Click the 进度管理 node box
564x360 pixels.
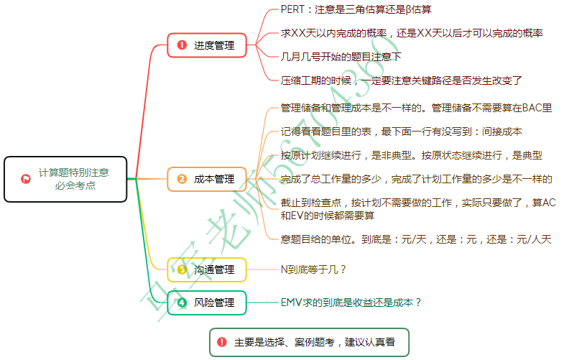pos(207,45)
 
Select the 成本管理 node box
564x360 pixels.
pos(207,179)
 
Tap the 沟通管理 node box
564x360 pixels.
pos(207,269)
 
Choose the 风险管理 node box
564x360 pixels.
pos(207,303)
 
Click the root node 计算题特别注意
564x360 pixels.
pos(66,178)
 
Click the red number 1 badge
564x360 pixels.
pos(182,45)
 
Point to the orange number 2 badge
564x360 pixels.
pos(182,179)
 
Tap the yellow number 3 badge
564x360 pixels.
pos(182,269)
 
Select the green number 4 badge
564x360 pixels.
pos(182,303)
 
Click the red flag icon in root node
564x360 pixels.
pos(26,179)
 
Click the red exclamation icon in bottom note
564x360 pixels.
pos(221,342)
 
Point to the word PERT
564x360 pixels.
pos(293,10)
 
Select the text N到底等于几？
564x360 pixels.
pos(314,269)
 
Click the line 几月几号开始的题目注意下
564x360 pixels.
pos(341,56)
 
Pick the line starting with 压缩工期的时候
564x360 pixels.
pos(401,80)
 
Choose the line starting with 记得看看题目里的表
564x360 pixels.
pos(402,131)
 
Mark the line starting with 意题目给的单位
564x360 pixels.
pos(416,239)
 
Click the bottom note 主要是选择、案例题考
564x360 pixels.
pos(315,342)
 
